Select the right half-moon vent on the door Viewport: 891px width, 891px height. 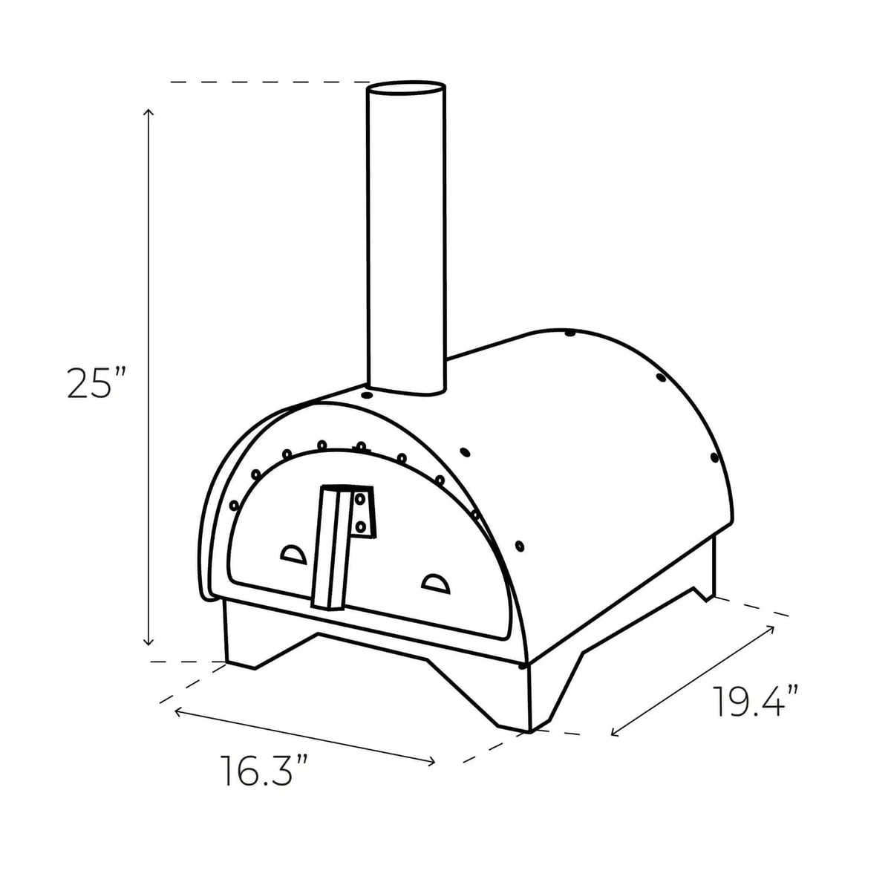[436, 584]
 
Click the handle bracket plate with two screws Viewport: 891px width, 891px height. [362, 512]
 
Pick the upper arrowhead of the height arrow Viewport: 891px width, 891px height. [148, 112]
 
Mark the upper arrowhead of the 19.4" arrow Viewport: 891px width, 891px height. [772, 629]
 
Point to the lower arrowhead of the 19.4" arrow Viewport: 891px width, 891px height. [613, 734]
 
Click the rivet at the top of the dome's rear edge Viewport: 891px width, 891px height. [569, 333]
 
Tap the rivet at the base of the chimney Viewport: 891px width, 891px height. [366, 396]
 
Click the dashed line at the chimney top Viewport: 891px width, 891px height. [267, 81]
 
